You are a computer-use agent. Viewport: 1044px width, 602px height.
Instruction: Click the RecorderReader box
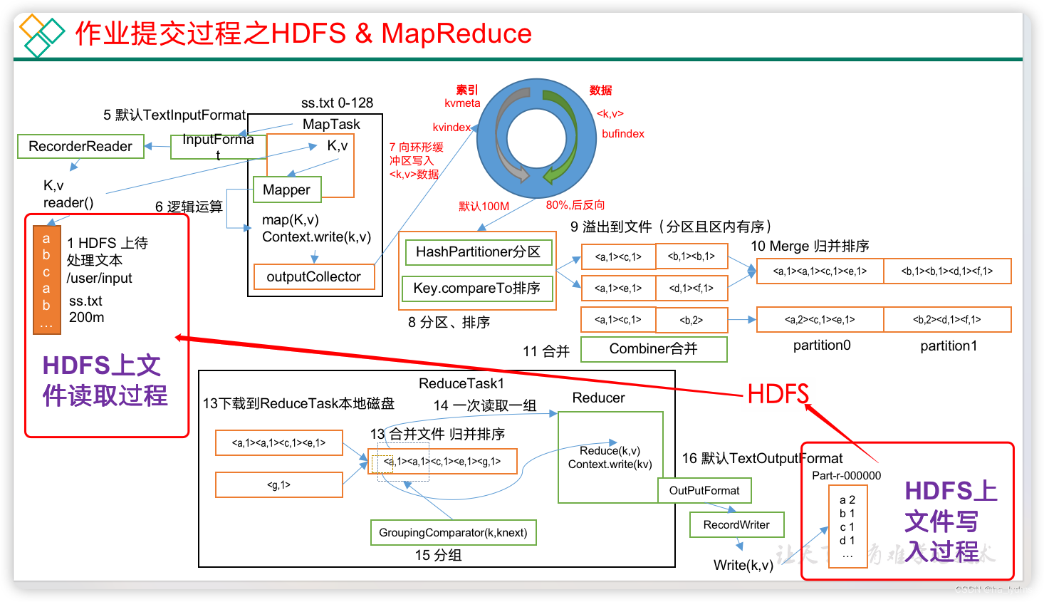pyautogui.click(x=80, y=146)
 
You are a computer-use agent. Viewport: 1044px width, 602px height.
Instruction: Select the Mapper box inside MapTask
pyautogui.click(x=287, y=190)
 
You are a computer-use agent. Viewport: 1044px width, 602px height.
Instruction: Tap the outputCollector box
pyautogui.click(x=314, y=276)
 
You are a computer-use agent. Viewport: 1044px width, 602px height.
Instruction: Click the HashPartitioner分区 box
pyautogui.click(x=478, y=251)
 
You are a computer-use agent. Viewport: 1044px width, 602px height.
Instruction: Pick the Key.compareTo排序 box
pyautogui.click(x=477, y=288)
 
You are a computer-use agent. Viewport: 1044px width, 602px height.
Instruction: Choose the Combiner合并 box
pyautogui.click(x=654, y=349)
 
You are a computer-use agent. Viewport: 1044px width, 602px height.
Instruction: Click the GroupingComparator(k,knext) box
pyautogui.click(x=453, y=532)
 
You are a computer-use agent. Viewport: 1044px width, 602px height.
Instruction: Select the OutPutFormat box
pyautogui.click(x=704, y=490)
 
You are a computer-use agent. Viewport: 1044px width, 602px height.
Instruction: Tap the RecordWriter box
pyautogui.click(x=736, y=525)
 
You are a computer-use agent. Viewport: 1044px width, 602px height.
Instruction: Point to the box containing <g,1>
pyautogui.click(x=279, y=485)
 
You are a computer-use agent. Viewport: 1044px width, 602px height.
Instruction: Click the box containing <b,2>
pyautogui.click(x=691, y=320)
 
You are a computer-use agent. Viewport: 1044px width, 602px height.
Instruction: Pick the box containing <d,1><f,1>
pyautogui.click(x=691, y=288)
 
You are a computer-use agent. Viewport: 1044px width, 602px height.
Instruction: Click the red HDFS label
pyautogui.click(x=778, y=394)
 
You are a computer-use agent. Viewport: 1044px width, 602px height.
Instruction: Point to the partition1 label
pyautogui.click(x=949, y=346)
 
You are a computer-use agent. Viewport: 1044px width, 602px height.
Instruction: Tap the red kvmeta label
pyautogui.click(x=462, y=103)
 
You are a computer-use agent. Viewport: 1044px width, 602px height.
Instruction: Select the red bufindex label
pyautogui.click(x=623, y=134)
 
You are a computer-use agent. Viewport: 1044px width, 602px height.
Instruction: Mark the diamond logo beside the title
pyautogui.click(x=41, y=35)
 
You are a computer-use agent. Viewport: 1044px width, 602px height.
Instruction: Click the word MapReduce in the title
pyautogui.click(x=456, y=33)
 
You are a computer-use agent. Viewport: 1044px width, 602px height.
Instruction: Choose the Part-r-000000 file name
pyautogui.click(x=846, y=475)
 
